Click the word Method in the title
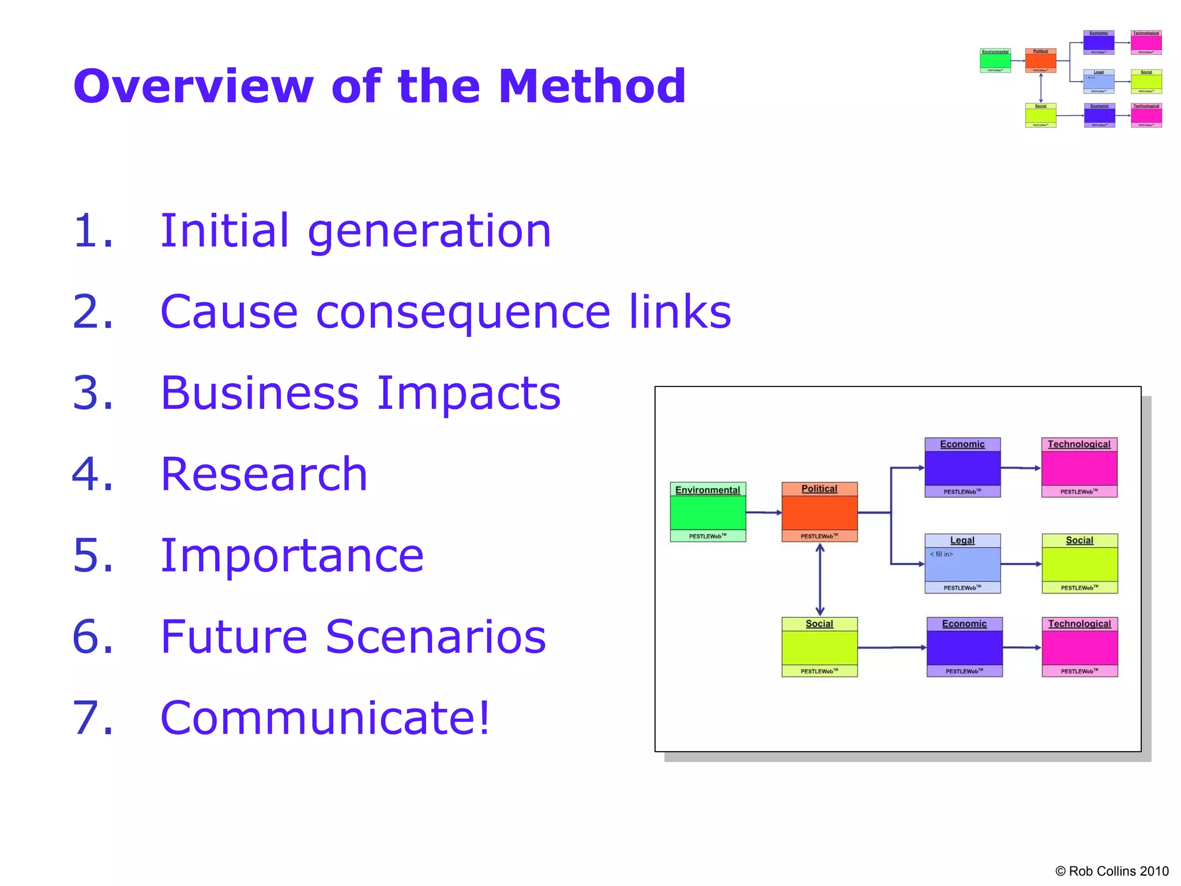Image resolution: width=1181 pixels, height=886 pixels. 592,87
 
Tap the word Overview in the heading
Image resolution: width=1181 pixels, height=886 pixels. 193,87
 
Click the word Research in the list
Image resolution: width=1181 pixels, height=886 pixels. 264,474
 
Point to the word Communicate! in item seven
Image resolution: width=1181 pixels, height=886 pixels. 325,718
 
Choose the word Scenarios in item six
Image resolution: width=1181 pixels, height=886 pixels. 435,637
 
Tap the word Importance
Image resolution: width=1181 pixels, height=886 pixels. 292,555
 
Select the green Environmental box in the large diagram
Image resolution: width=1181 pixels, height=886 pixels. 708,512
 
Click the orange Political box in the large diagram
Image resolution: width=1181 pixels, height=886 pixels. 819,512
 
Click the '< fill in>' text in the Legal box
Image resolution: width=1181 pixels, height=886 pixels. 941,554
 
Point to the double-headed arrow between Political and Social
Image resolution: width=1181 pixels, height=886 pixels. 819,579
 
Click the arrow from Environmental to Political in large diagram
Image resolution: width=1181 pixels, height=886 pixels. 763,512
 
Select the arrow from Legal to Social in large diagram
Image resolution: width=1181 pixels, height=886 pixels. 1021,564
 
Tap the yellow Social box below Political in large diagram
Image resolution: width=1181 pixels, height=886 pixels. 819,647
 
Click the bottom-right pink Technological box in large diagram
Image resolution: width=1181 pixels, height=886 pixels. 1080,647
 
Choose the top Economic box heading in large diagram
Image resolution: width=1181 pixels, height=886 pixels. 962,444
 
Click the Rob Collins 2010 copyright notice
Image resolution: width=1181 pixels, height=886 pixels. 1111,871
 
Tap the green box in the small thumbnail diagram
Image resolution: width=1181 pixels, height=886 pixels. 995,60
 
